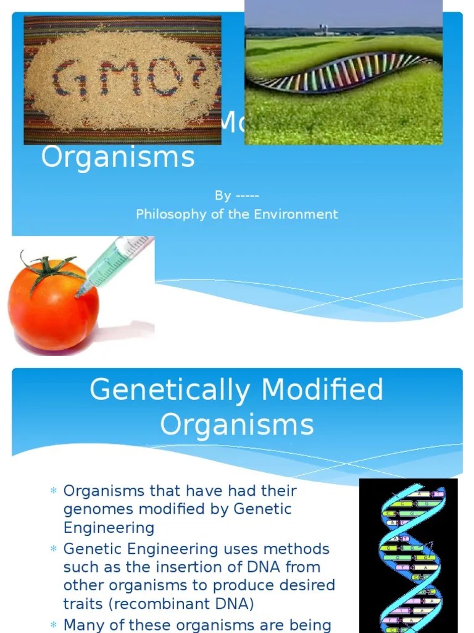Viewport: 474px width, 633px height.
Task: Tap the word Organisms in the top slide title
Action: pos(117,157)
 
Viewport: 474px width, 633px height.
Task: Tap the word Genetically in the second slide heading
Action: pos(170,390)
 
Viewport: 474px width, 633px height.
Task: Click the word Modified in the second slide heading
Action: pos(322,390)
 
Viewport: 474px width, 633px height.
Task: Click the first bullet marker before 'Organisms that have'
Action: pos(53,491)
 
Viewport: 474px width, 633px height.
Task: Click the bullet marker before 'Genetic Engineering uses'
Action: pos(53,550)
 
